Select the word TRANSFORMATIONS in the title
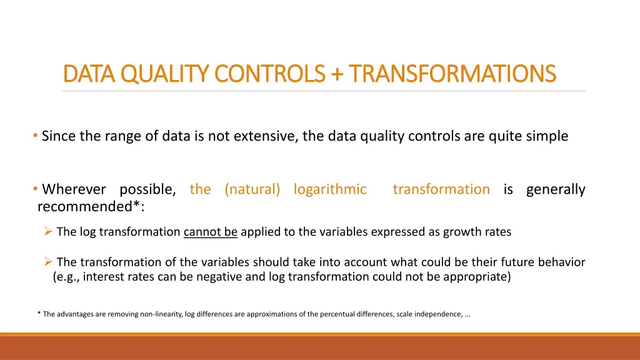pos(452,74)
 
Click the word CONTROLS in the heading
pos(270,74)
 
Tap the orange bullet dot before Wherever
pos(36,189)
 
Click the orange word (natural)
pos(252,189)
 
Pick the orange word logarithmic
pos(330,189)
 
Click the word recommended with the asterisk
pos(91,206)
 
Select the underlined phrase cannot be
pos(211,232)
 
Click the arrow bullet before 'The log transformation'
pos(48,231)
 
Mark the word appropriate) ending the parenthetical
pos(477,277)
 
